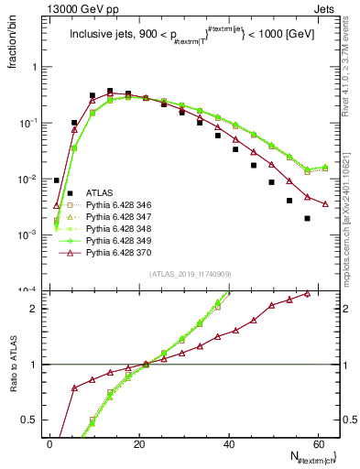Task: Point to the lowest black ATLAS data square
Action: coord(307,218)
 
